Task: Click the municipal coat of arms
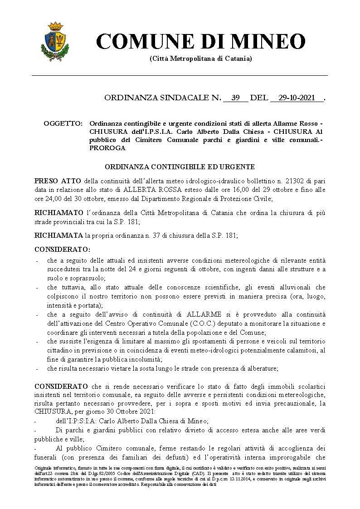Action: coord(55,42)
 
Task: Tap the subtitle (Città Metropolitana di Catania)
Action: coord(200,59)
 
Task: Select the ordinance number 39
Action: coord(235,98)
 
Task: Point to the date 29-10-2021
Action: coord(297,98)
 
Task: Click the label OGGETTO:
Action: coord(63,124)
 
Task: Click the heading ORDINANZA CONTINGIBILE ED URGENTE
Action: coord(180,167)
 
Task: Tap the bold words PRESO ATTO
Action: coord(58,181)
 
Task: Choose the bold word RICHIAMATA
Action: coord(59,235)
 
